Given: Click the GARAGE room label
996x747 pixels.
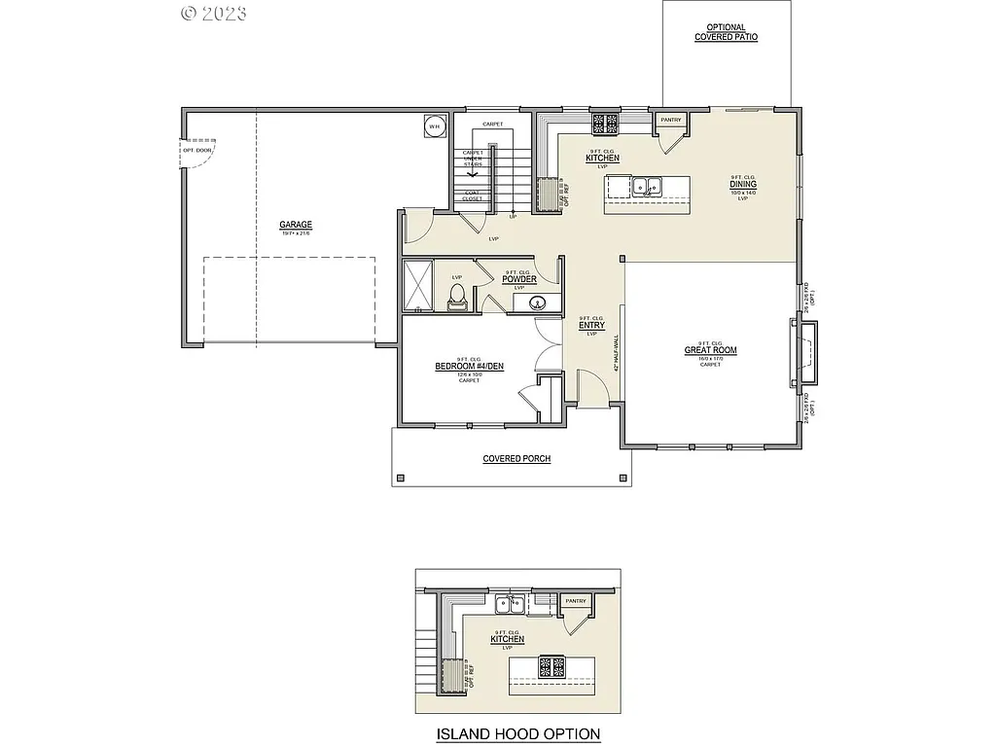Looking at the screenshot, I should (x=296, y=226).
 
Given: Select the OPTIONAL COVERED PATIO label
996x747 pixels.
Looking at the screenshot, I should (x=726, y=32).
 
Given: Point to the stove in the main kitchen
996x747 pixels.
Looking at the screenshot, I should (x=606, y=123).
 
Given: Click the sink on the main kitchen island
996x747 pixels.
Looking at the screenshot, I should (x=646, y=186).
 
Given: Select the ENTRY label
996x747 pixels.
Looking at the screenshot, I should (x=591, y=326).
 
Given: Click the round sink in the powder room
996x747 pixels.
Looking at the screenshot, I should (x=537, y=303).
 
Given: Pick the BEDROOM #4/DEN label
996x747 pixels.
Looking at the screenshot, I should (x=470, y=368).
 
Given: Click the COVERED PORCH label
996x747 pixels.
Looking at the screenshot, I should (x=516, y=458).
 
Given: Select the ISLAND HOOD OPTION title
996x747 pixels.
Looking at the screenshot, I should (x=516, y=733).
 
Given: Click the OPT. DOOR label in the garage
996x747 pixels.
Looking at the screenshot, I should (x=196, y=150).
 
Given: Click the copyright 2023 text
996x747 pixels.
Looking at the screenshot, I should (x=214, y=13).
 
